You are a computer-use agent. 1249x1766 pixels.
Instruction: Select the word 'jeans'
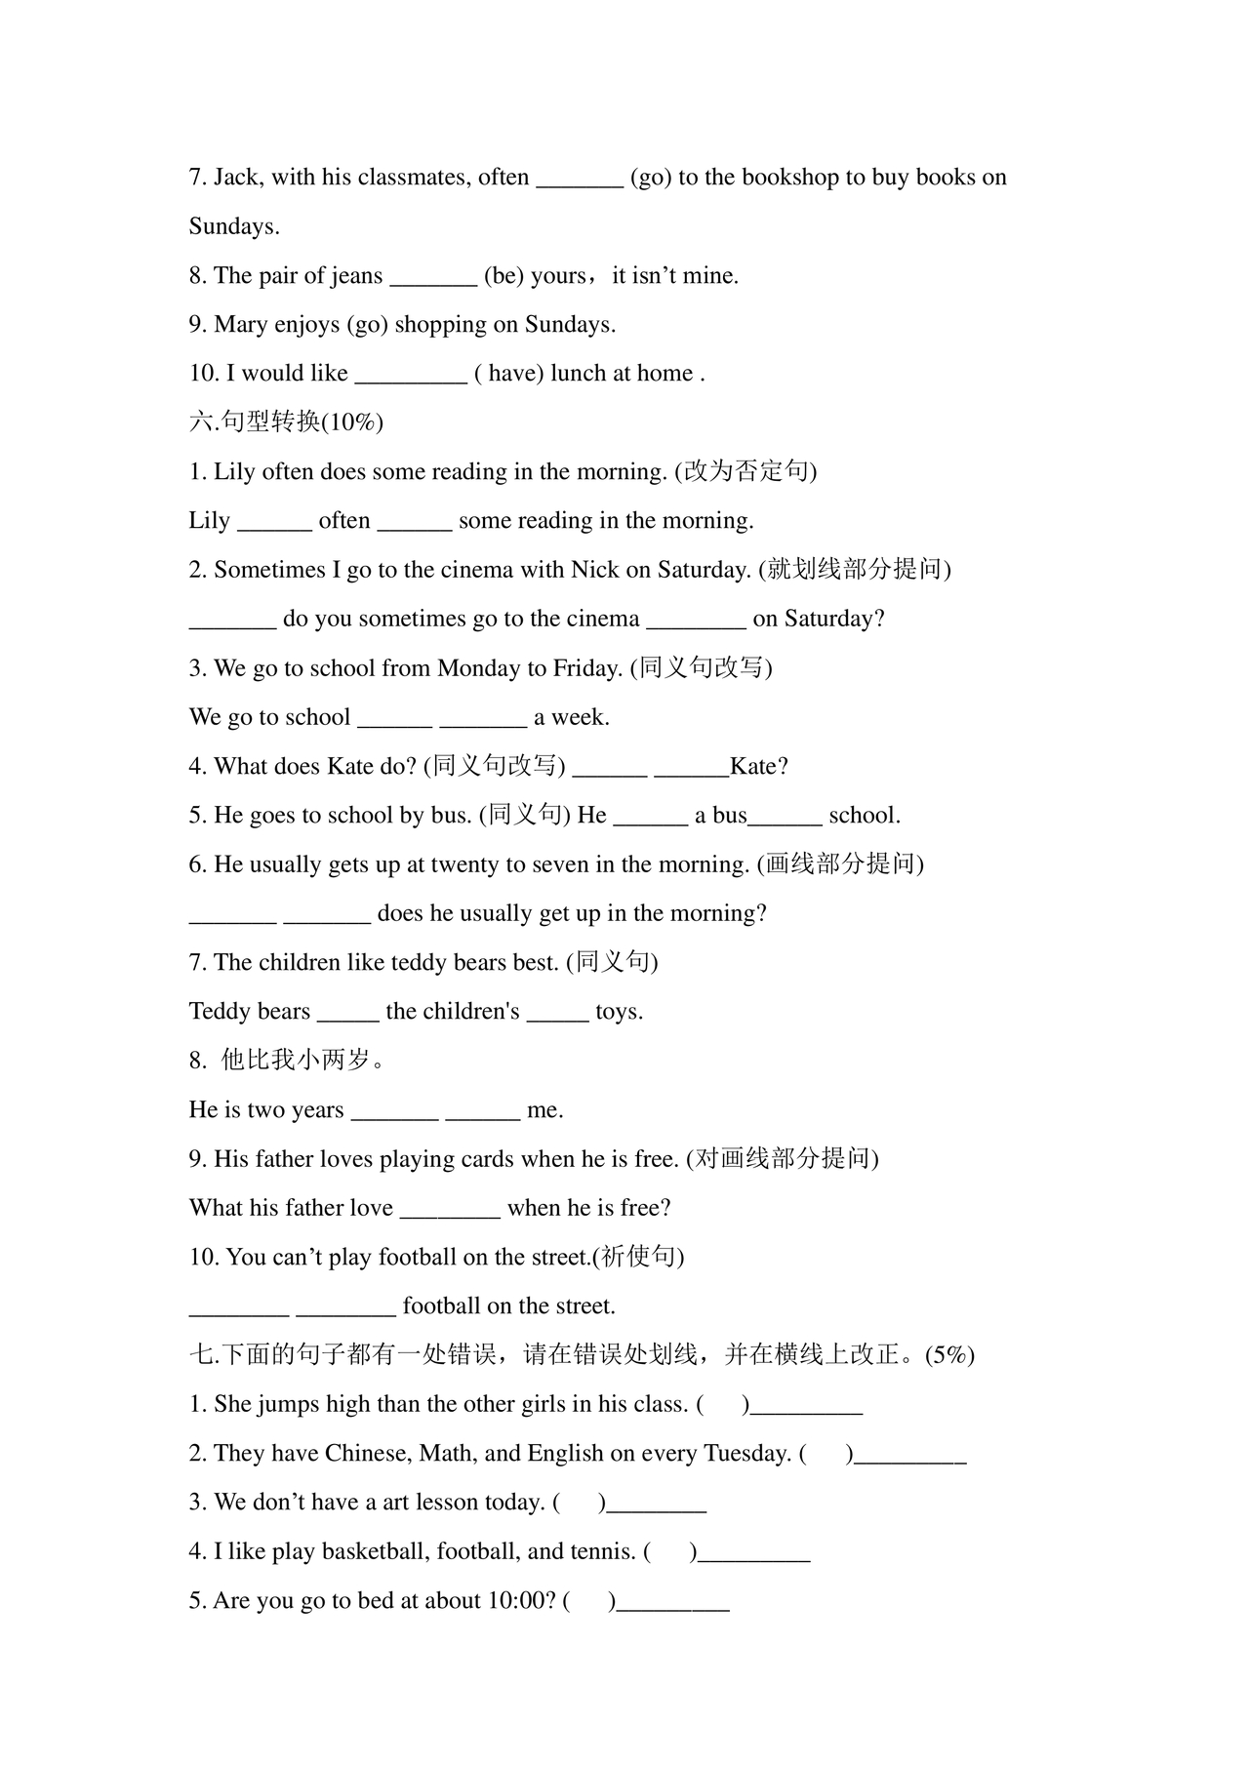point(356,276)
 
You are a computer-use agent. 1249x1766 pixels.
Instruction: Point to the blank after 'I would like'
point(411,375)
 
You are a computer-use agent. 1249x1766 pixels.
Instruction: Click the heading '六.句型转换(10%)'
point(286,422)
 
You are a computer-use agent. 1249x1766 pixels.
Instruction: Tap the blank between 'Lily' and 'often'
point(274,522)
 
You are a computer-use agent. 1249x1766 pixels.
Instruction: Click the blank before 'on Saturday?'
point(696,621)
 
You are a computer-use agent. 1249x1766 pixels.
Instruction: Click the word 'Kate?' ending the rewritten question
point(759,767)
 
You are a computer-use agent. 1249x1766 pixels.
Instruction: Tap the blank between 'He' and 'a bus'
point(650,817)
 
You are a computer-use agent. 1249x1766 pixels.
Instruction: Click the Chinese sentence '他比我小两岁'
point(302,1061)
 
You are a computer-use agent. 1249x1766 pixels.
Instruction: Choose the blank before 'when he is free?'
point(450,1209)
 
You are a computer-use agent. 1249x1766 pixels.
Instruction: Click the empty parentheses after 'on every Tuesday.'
point(826,1454)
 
